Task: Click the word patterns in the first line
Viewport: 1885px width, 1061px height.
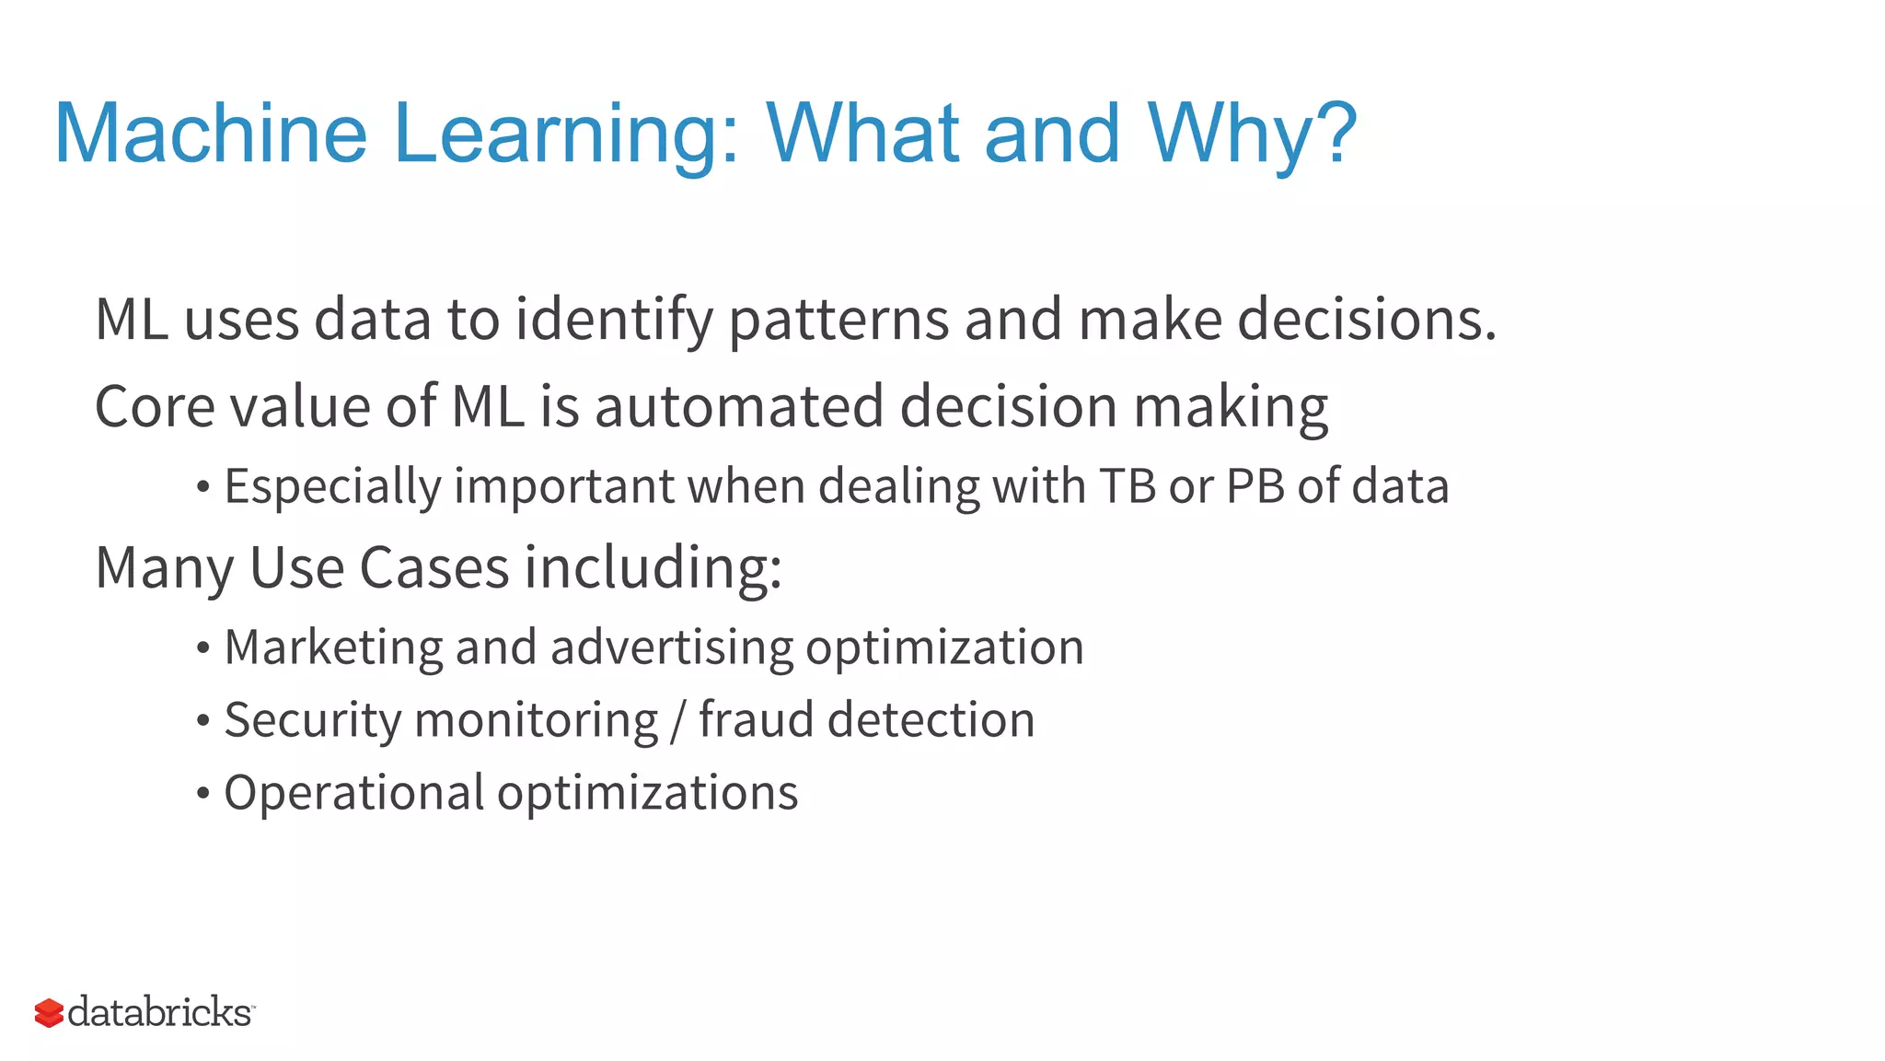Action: [838, 321]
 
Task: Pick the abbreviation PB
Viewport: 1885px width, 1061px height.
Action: [1255, 486]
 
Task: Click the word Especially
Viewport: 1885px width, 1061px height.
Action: [332, 486]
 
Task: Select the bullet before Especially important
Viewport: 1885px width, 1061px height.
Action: [203, 487]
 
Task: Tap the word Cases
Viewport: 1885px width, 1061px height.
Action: [434, 567]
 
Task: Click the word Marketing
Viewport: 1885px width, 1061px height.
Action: [333, 647]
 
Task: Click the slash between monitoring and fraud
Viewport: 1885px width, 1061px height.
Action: [678, 720]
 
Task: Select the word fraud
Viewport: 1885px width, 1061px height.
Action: [756, 720]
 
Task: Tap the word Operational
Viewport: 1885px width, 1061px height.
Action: [353, 793]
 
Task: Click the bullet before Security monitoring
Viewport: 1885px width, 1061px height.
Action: [203, 721]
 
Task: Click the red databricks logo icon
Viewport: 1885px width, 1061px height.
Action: [49, 1013]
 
